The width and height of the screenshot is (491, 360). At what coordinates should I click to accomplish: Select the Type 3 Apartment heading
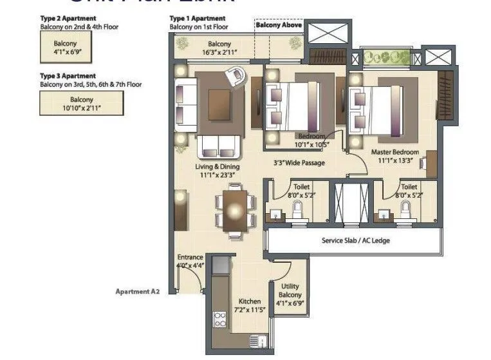coord(68,76)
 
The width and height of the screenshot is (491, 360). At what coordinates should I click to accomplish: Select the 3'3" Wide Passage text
coord(299,163)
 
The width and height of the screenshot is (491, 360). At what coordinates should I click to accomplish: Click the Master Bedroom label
coord(395,153)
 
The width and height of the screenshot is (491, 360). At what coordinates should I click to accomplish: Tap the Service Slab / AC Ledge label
coord(356,240)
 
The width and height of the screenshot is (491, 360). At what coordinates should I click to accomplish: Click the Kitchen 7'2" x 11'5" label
coord(249,305)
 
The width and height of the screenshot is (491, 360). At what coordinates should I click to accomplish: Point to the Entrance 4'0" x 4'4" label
coord(190,261)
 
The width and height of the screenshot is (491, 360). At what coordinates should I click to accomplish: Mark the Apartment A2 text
coord(137,291)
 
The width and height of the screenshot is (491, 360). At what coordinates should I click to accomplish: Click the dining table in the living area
coord(235,209)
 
